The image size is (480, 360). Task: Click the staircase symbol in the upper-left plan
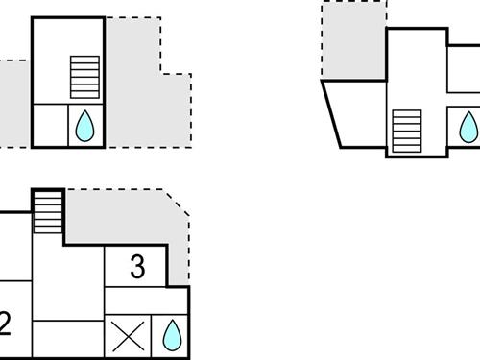(x=84, y=76)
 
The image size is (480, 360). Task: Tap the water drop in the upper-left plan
(x=84, y=126)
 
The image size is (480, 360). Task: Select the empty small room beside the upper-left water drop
(x=51, y=126)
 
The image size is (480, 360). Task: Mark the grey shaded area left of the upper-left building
(x=15, y=101)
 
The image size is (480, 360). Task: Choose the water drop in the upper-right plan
(x=468, y=126)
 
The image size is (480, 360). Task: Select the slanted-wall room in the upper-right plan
(x=355, y=114)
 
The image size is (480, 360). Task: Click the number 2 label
(x=5, y=324)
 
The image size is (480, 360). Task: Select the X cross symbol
(x=128, y=337)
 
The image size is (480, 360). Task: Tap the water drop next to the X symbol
(x=172, y=335)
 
